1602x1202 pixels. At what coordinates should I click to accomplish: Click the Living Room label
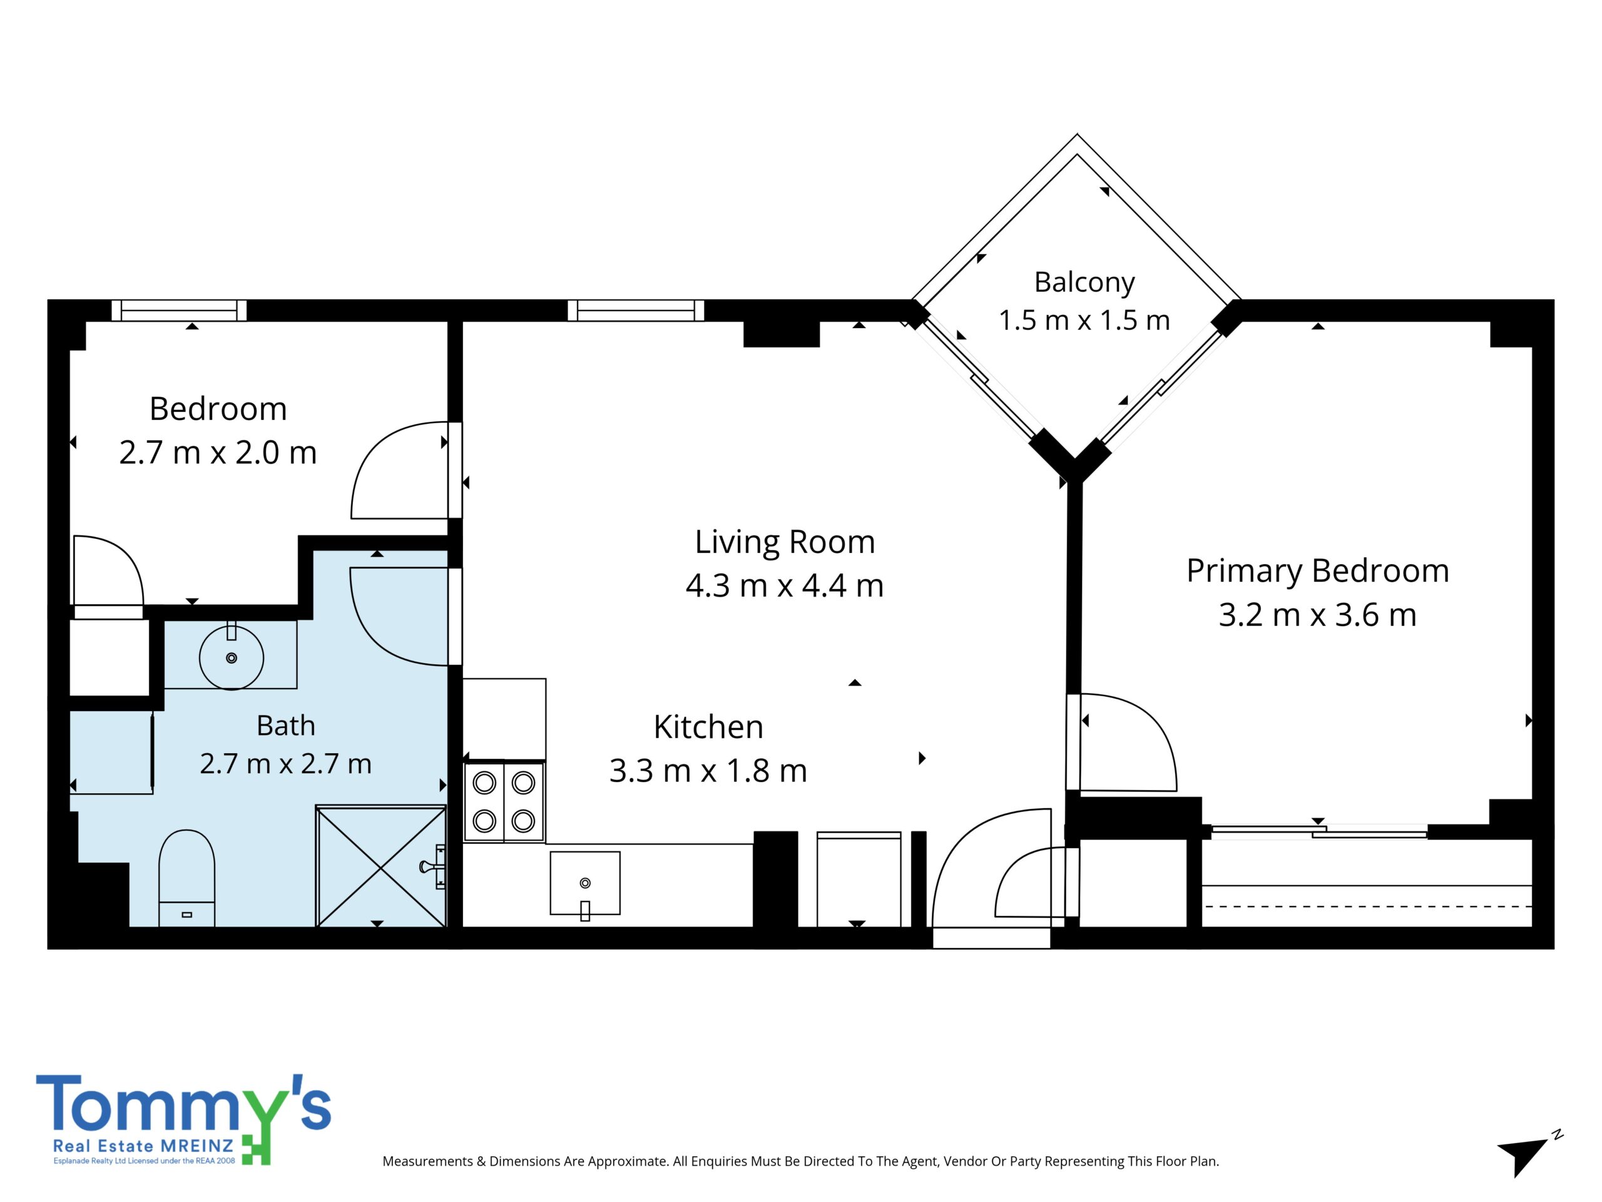coord(785,543)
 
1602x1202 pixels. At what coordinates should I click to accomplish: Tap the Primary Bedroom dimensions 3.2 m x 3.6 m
coord(1317,615)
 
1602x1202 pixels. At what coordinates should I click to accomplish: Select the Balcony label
coord(1084,282)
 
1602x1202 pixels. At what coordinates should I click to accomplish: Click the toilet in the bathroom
coord(187,878)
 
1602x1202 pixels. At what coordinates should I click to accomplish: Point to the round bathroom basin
coord(231,658)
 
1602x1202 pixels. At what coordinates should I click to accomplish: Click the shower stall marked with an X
coord(382,866)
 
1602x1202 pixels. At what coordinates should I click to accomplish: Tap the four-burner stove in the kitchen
coord(504,802)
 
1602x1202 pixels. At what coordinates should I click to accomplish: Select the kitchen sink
coord(585,883)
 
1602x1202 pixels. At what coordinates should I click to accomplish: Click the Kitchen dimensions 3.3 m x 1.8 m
coord(708,771)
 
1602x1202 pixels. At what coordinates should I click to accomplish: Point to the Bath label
coord(286,725)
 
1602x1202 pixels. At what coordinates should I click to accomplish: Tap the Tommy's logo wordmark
coord(183,1104)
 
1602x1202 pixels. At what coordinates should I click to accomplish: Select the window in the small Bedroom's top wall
coord(180,310)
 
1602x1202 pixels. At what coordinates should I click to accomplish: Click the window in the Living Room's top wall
coord(636,310)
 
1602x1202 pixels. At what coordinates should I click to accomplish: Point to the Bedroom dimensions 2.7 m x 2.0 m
coord(218,453)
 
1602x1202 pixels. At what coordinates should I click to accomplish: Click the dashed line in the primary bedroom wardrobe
coord(1367,907)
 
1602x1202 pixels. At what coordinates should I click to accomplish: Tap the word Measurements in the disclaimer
coord(427,1161)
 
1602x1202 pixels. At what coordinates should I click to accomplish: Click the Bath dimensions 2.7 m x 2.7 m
coord(286,764)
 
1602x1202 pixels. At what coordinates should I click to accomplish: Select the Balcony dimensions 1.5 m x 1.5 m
coord(1084,321)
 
